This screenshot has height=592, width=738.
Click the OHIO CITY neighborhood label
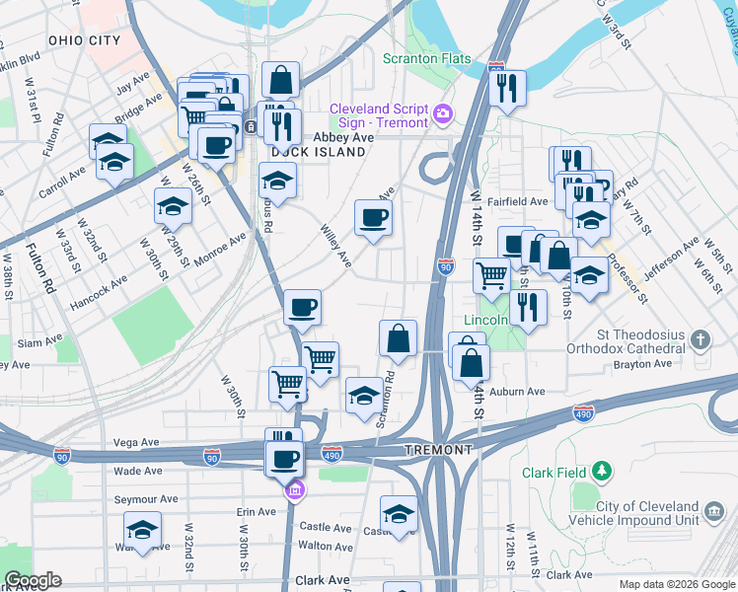[x=84, y=40]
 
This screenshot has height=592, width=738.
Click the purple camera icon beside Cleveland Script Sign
[x=442, y=115]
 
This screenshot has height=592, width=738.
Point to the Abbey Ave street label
[x=343, y=138]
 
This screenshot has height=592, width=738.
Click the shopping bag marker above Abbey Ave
[x=282, y=78]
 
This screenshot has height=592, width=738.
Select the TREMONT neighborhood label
[x=439, y=450]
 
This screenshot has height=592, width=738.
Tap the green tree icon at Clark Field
[x=602, y=473]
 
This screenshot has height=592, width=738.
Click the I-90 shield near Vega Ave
[x=211, y=456]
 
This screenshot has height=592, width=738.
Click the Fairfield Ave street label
[x=524, y=201]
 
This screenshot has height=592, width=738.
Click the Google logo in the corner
[x=33, y=580]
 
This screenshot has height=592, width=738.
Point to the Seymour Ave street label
[x=144, y=500]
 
